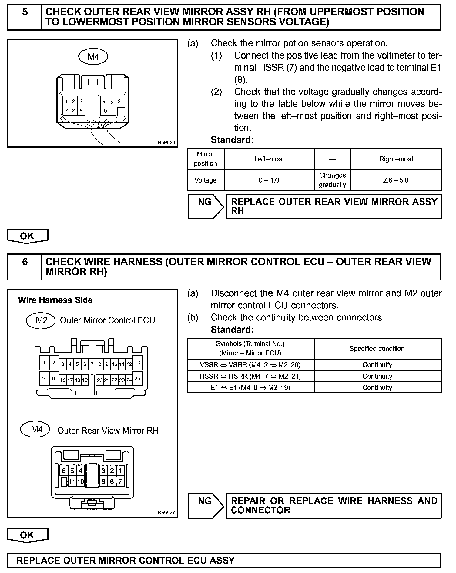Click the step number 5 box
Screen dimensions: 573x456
point(25,17)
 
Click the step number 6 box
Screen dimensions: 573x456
point(25,267)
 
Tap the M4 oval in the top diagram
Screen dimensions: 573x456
point(93,57)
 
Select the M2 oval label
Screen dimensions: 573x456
point(41,320)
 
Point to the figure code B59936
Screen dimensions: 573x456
point(166,142)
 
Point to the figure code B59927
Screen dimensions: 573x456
point(166,513)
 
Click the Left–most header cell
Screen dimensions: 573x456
point(269,159)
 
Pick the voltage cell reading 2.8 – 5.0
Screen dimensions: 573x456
point(396,180)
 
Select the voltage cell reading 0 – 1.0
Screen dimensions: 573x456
point(269,180)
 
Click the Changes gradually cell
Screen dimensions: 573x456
point(332,180)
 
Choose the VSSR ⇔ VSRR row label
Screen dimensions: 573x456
point(250,365)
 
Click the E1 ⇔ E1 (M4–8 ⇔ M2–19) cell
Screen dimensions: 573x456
point(250,387)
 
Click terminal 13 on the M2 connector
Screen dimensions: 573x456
point(137,363)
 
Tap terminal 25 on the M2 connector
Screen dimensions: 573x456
point(137,378)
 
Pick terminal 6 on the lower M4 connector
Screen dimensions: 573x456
point(64,471)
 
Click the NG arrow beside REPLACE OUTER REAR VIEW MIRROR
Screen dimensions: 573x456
point(206,206)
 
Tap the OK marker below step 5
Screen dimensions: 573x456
point(27,236)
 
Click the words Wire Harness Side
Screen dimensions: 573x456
point(55,300)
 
